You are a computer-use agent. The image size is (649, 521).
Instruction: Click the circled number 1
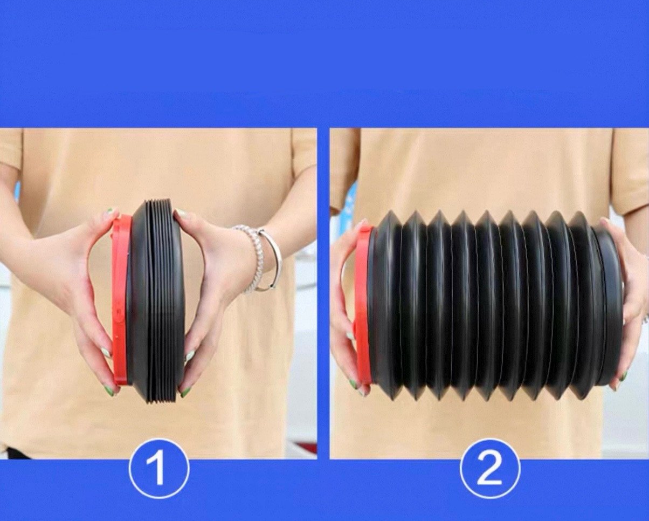tap(159, 476)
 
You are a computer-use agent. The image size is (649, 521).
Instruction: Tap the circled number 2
tap(490, 476)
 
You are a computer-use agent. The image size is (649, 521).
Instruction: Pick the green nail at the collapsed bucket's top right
tap(181, 213)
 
